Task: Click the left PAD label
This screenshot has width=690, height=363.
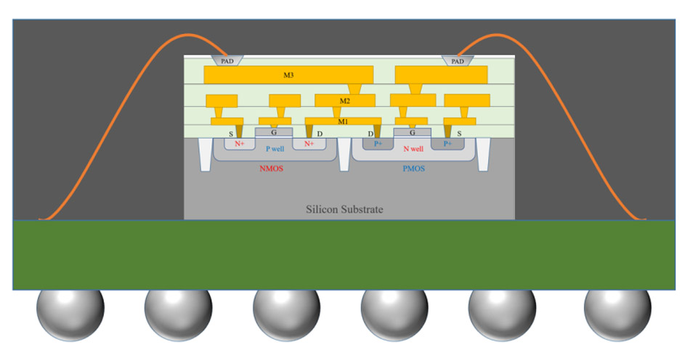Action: click(x=227, y=61)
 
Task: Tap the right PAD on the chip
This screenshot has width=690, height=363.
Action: click(x=458, y=61)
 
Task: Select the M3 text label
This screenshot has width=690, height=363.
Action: click(x=288, y=74)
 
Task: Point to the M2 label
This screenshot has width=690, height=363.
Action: click(x=345, y=100)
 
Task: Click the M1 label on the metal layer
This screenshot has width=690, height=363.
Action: click(x=342, y=121)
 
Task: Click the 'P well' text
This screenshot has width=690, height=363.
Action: click(x=274, y=149)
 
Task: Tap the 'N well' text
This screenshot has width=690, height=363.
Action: click(x=413, y=149)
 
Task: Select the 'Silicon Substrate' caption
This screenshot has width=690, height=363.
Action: click(x=344, y=210)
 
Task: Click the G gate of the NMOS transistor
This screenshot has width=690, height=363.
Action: click(x=274, y=132)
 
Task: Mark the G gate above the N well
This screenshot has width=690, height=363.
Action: click(x=413, y=132)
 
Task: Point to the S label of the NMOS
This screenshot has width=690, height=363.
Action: click(x=232, y=134)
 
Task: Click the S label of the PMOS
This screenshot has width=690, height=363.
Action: click(x=458, y=134)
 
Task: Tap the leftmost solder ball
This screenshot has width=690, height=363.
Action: click(x=70, y=314)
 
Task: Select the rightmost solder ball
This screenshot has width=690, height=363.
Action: click(x=617, y=314)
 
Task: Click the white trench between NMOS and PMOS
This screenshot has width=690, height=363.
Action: click(x=345, y=156)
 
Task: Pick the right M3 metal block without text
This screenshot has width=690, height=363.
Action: click(x=441, y=74)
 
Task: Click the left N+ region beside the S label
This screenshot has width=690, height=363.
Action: click(x=238, y=144)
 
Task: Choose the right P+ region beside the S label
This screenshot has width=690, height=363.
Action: click(x=447, y=144)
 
